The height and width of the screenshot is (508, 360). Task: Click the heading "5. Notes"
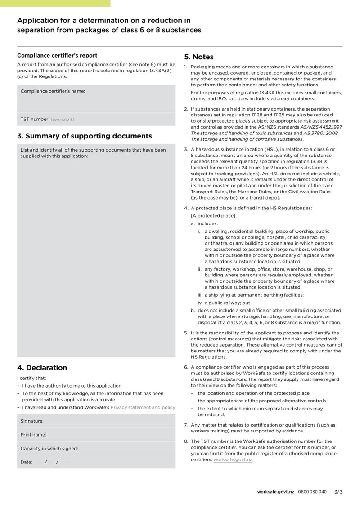coord(199,57)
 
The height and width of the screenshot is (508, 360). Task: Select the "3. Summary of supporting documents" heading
coord(85,136)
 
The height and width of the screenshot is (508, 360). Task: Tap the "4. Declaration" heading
coord(42,368)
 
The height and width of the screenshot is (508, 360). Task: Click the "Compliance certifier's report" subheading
coord(57,56)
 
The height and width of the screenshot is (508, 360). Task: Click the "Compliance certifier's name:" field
coord(96,98)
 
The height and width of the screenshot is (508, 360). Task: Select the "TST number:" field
coord(96,119)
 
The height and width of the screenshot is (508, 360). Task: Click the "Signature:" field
coord(96,421)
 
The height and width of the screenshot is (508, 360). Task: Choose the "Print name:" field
coord(96,435)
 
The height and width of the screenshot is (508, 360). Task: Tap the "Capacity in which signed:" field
coord(96,448)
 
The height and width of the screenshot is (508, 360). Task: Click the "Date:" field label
coord(27,462)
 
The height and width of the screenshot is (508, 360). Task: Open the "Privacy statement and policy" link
coord(143,407)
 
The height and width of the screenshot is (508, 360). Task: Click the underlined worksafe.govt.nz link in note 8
coord(233,459)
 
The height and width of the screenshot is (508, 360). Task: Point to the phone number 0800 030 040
coord(312,492)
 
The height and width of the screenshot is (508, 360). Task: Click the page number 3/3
coord(338,492)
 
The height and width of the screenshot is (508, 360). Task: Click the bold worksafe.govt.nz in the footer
coord(276,492)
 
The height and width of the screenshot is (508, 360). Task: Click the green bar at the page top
coord(55,3)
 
